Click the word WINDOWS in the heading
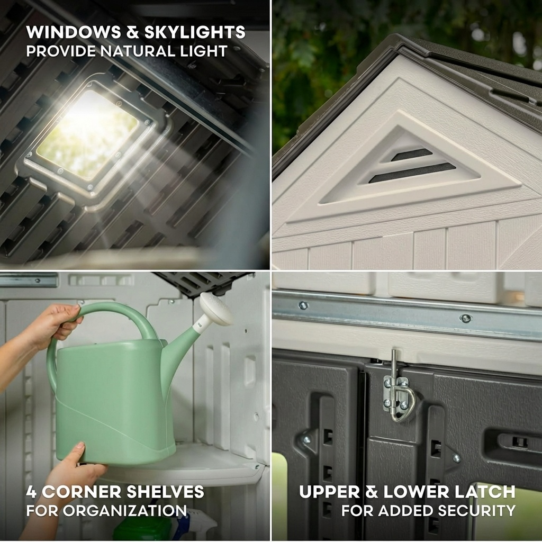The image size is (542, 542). tap(74, 32)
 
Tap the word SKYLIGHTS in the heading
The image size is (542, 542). tap(195, 32)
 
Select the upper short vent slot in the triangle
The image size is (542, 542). tap(411, 155)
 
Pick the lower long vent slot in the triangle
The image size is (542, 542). tap(412, 173)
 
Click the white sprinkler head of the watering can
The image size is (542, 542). tap(216, 309)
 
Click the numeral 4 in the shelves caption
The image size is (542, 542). tap(31, 492)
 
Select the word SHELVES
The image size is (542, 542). tap(165, 492)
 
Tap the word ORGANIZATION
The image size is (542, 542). tap(124, 511)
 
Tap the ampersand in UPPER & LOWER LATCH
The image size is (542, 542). tap(372, 492)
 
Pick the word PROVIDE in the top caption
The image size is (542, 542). tap(61, 51)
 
